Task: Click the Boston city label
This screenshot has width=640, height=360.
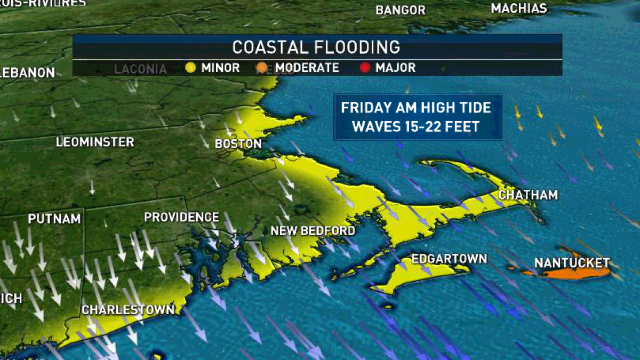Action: click(x=238, y=144)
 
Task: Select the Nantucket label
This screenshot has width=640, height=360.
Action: click(x=572, y=262)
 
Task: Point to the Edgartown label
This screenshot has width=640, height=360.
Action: click(x=450, y=259)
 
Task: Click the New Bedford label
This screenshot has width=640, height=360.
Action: click(x=313, y=231)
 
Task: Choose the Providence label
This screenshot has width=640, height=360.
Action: click(x=181, y=217)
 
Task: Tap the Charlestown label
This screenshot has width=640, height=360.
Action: click(x=127, y=309)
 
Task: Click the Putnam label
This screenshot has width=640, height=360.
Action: click(x=54, y=219)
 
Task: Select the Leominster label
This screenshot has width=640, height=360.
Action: click(x=95, y=142)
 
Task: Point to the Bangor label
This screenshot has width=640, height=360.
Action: click(x=400, y=10)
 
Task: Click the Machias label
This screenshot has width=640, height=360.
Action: click(x=518, y=9)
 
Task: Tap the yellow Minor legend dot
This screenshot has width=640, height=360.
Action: click(x=190, y=68)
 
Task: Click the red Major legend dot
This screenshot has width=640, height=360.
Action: click(x=365, y=68)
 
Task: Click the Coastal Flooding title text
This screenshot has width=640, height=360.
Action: click(x=316, y=47)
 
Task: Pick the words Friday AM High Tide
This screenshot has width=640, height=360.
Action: click(x=415, y=108)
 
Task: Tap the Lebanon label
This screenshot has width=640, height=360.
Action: click(x=27, y=73)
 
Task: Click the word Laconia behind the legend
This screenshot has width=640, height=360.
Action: click(x=140, y=69)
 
